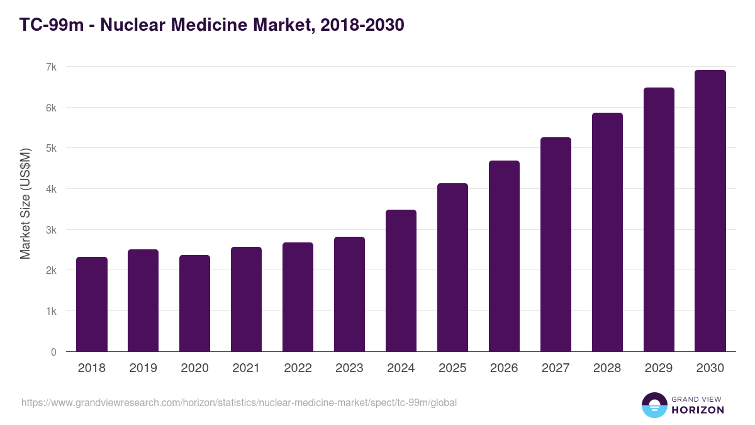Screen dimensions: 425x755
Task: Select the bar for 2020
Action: tap(195, 303)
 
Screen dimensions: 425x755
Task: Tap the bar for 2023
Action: tap(350, 294)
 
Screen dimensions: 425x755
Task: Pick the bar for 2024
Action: tap(401, 281)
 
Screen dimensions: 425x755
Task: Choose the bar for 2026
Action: tap(505, 256)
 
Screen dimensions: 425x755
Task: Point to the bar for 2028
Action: tap(608, 232)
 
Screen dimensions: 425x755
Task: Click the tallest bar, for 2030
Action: tap(710, 211)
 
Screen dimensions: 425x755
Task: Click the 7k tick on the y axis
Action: tap(51, 67)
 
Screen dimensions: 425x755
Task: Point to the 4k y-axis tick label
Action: tap(51, 189)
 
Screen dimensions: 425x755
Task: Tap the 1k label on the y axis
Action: tap(51, 311)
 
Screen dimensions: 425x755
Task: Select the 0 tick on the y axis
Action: tap(53, 352)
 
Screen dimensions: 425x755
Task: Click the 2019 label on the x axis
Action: tap(143, 368)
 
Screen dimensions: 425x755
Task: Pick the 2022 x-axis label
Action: tap(298, 368)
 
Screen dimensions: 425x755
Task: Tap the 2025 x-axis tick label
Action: tap(453, 368)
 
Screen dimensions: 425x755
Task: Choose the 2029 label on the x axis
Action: tap(659, 368)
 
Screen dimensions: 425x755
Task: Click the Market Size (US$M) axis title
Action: tap(25, 203)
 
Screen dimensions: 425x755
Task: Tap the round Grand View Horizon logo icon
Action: tap(654, 405)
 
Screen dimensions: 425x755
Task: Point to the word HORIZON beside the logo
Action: tap(698, 410)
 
